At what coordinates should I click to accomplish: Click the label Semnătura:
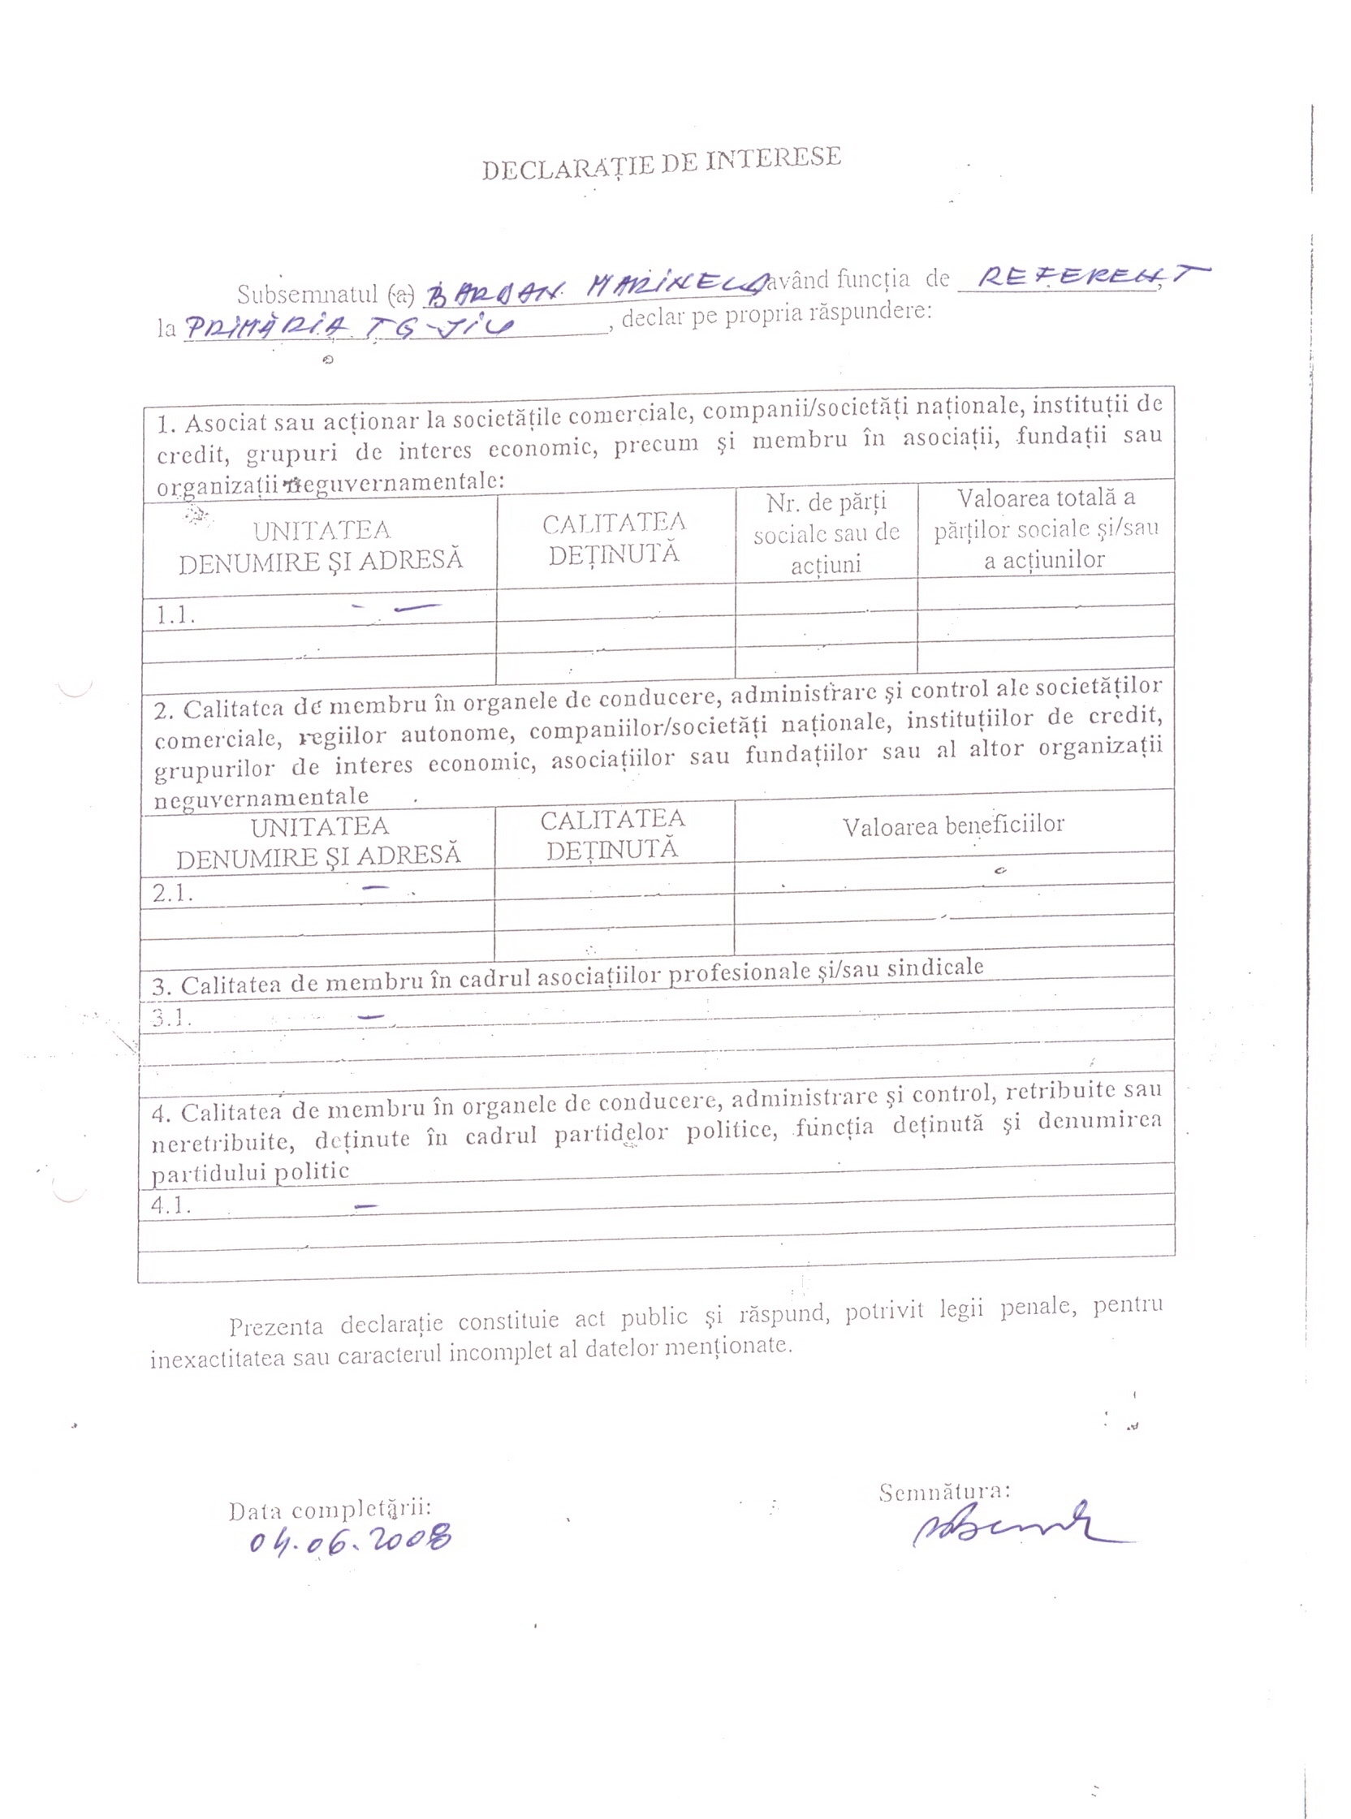944,1491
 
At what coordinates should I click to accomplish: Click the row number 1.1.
176,614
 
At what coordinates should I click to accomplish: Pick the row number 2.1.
173,893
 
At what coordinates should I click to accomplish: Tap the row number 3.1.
171,1019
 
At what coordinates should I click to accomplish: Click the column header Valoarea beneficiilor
953,825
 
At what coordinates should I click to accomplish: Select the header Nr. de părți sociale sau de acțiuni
826,533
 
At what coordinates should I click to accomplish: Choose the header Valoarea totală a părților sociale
1046,528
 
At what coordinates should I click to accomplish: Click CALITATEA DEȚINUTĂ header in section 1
614,538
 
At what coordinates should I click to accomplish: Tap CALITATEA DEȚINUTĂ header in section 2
612,834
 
